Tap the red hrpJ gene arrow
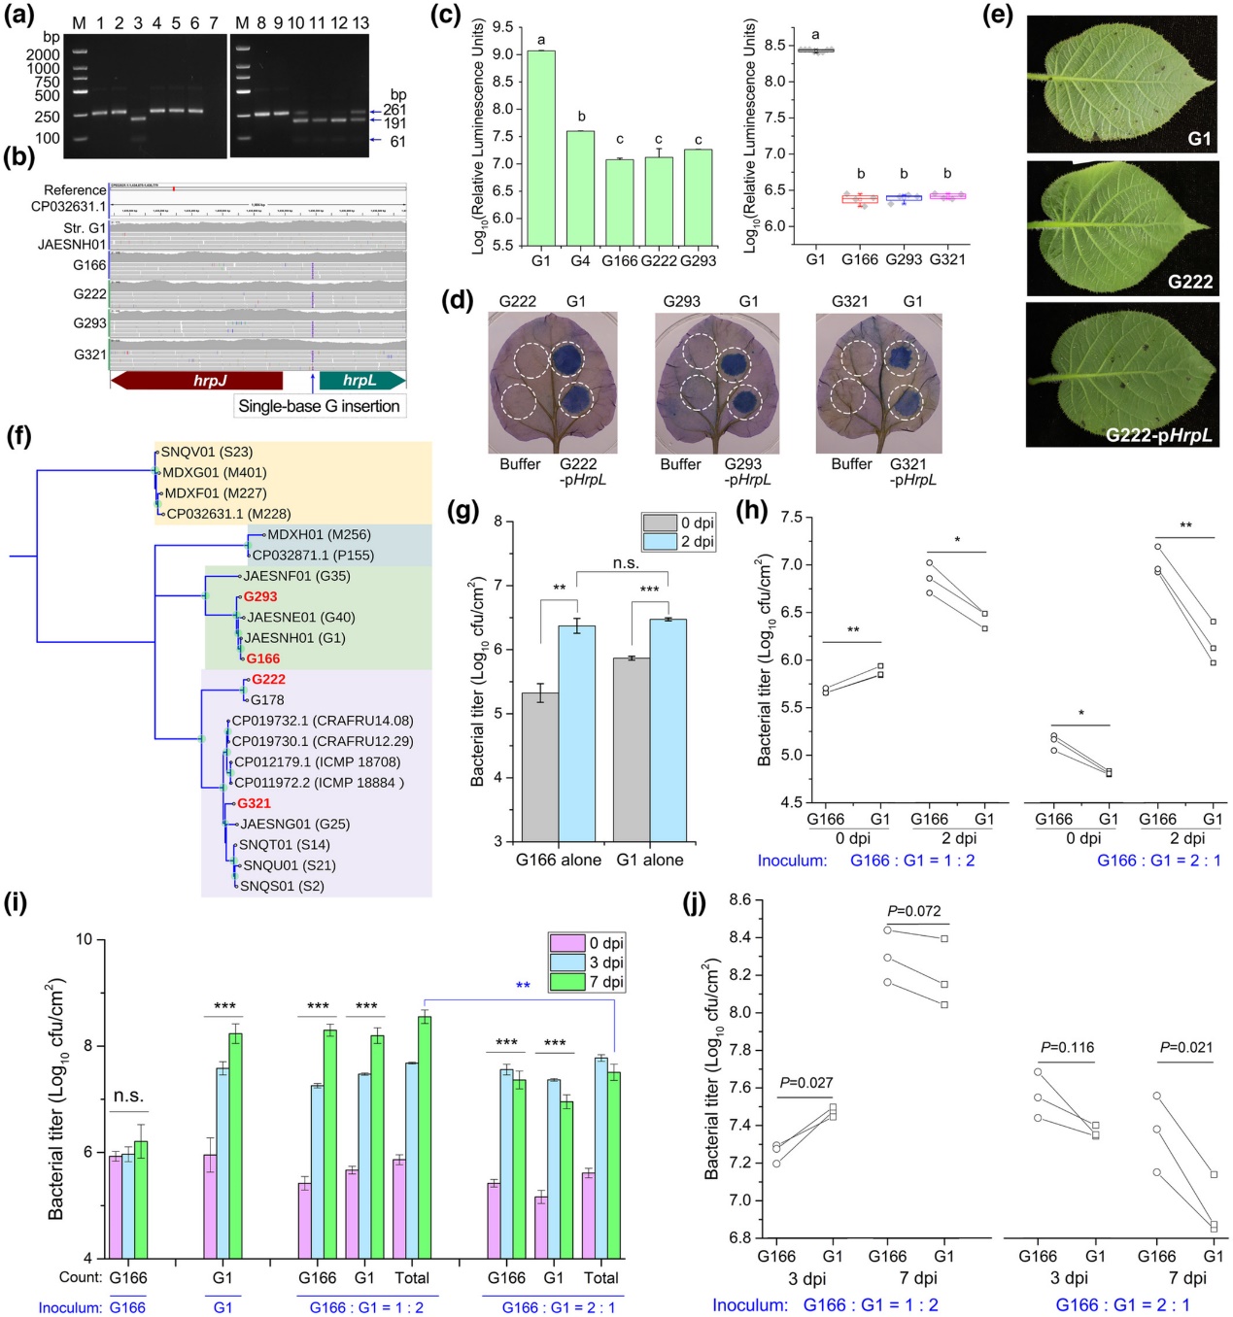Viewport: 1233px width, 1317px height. (197, 381)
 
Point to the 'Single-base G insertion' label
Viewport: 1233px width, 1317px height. (320, 406)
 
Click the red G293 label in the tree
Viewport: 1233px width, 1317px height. (260, 596)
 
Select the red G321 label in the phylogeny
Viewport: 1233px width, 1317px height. (254, 803)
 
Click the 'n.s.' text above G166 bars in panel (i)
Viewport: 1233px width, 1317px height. (128, 1096)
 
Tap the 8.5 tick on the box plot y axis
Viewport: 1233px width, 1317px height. (773, 45)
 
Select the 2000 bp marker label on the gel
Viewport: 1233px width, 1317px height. (43, 54)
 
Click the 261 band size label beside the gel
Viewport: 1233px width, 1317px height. (394, 110)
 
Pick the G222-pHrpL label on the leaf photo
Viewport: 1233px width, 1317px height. (1158, 435)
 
